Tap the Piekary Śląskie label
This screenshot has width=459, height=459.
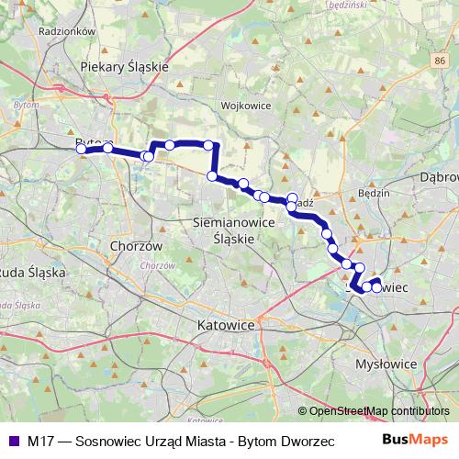pos(125,66)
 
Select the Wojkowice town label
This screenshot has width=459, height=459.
pos(244,105)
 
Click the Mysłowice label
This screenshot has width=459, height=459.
pos(386,364)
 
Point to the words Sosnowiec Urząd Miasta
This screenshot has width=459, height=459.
pos(151,441)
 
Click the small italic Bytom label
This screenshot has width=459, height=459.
pos(20,106)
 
